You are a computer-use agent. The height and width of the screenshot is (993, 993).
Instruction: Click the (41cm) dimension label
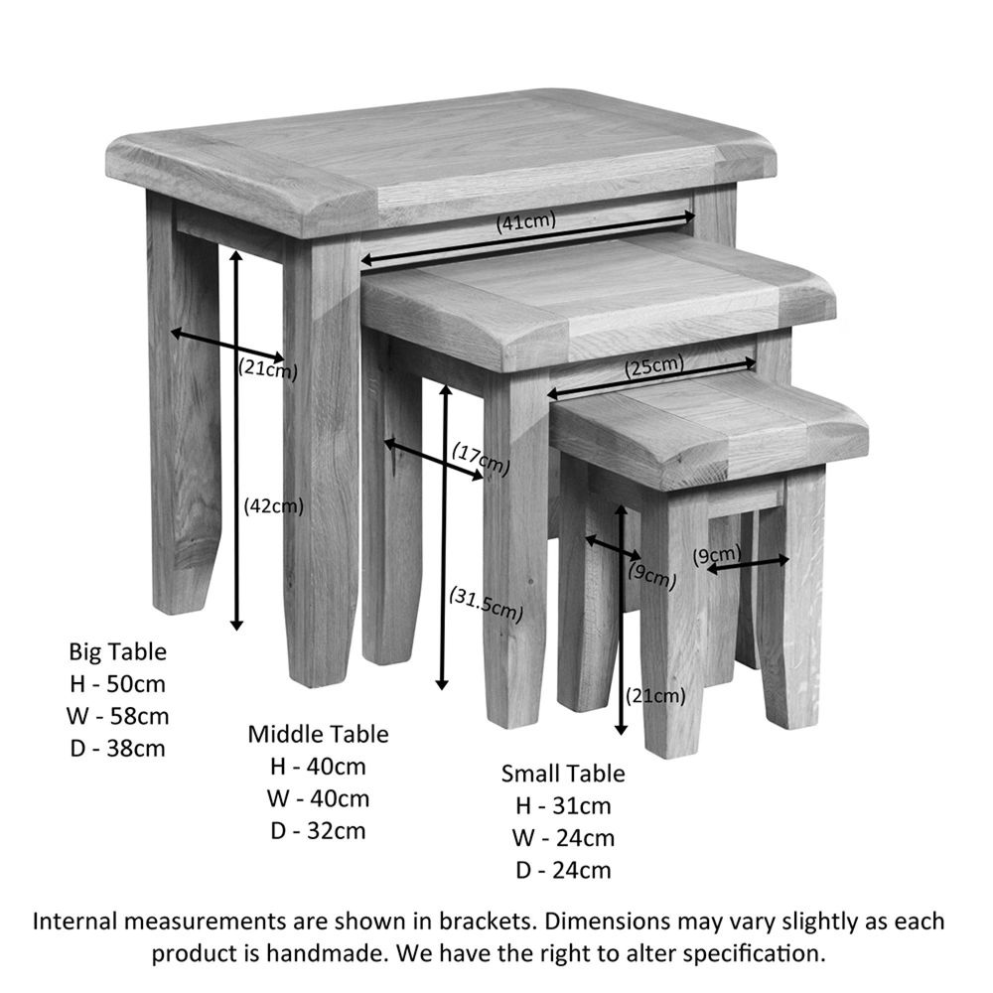click(x=526, y=222)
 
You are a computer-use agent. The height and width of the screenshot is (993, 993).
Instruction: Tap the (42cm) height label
click(x=274, y=506)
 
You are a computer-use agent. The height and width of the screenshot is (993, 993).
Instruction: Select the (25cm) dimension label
click(x=654, y=366)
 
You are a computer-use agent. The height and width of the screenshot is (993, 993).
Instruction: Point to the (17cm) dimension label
click(x=482, y=459)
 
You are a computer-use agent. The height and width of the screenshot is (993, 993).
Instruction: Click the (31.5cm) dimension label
click(x=487, y=604)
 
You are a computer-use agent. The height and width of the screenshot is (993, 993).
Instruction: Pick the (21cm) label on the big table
click(x=268, y=368)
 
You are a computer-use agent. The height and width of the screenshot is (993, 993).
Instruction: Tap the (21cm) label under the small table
click(x=655, y=697)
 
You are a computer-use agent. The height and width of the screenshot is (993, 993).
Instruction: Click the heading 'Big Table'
click(x=118, y=651)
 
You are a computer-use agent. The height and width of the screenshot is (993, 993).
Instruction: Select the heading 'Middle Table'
click(x=318, y=734)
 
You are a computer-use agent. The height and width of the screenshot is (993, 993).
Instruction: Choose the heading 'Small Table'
click(x=563, y=774)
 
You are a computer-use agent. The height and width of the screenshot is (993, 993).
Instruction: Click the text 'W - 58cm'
click(x=118, y=716)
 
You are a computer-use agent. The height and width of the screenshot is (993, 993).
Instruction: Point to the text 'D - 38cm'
click(x=118, y=749)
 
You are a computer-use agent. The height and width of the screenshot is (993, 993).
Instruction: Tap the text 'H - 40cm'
click(x=318, y=767)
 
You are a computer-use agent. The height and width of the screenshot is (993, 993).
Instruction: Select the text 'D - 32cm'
click(x=318, y=831)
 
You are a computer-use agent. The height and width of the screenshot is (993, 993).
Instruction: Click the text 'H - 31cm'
click(x=563, y=806)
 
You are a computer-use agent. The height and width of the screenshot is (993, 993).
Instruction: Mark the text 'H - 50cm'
click(x=118, y=684)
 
